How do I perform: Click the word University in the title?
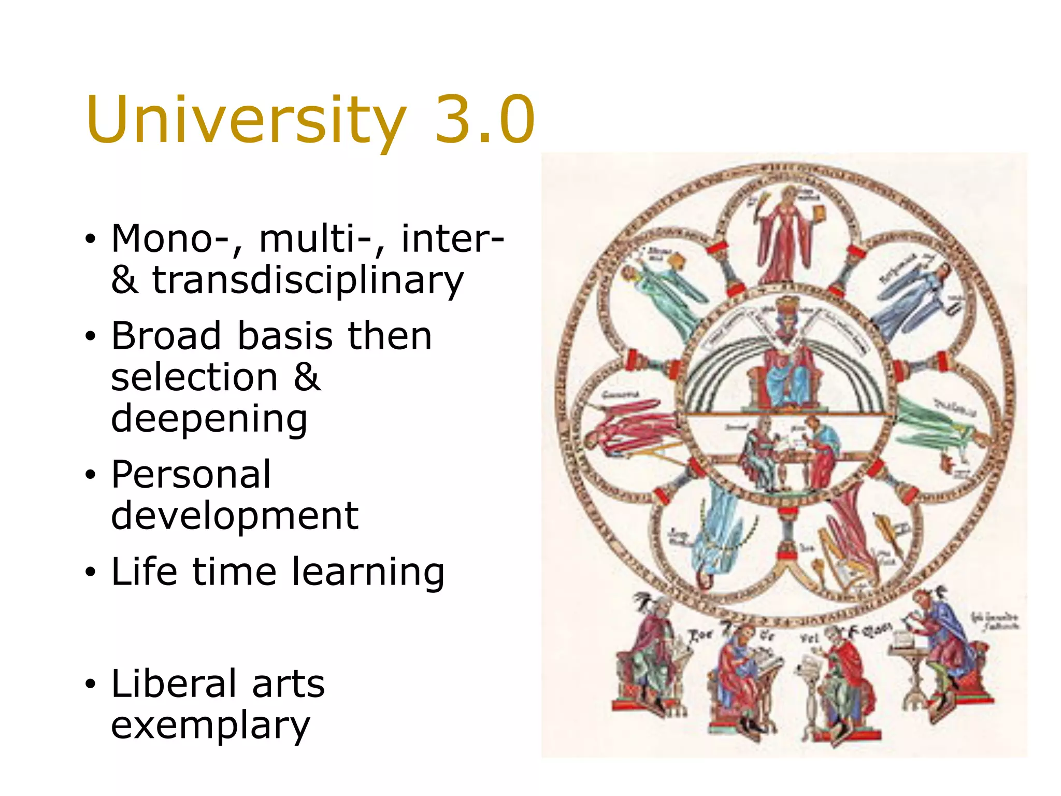coord(246,120)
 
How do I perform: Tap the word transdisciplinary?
coord(308,280)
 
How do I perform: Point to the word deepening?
coord(209,419)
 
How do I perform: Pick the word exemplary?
coord(210,725)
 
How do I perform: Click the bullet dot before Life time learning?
coord(91,573)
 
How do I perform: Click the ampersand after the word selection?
coord(307,377)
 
